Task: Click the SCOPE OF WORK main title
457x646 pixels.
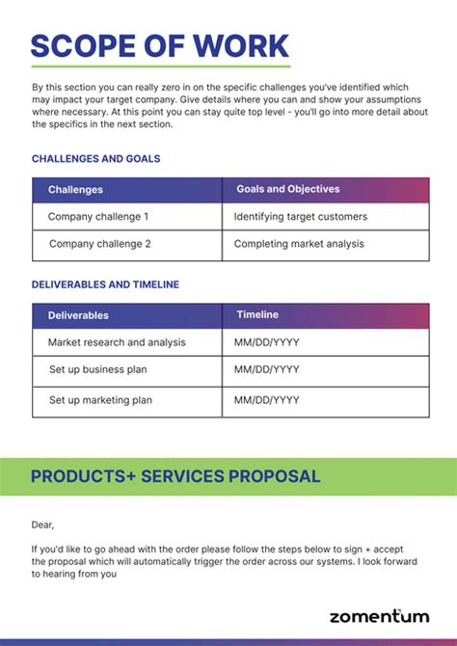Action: point(160,45)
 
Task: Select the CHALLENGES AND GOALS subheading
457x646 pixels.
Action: point(95,158)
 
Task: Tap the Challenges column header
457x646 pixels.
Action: point(75,190)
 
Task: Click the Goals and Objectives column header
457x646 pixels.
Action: point(287,189)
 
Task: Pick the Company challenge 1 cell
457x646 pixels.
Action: point(98,217)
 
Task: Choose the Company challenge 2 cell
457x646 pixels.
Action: point(99,244)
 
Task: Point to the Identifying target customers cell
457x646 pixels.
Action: point(300,217)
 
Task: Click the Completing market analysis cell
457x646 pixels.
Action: point(299,244)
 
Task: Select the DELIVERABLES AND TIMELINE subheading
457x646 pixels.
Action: point(105,284)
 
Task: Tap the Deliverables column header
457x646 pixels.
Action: point(78,315)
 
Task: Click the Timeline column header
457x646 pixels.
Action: point(257,314)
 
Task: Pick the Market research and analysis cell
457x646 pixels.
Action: point(117,342)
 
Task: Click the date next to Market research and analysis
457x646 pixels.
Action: point(266,342)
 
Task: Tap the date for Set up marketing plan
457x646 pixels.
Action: point(266,400)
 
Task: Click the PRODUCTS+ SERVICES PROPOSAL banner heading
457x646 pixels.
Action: point(175,476)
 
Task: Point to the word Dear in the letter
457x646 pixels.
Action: point(43,525)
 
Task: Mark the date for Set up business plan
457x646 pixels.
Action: point(266,369)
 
